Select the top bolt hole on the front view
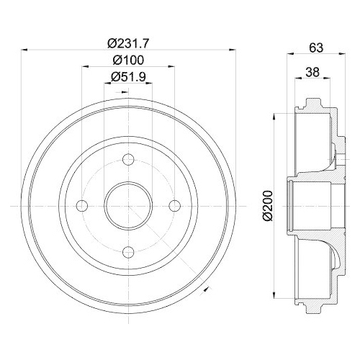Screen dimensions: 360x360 pos(129,160)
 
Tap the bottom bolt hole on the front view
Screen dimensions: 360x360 pos(129,251)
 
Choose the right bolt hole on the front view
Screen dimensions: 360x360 pos(174,205)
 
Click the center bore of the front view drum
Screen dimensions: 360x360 pos(129,205)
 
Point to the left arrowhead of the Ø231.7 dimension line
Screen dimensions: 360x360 pos(27,50)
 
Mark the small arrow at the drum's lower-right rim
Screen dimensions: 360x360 pos(207,287)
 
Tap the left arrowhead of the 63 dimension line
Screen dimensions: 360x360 pos(291,54)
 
